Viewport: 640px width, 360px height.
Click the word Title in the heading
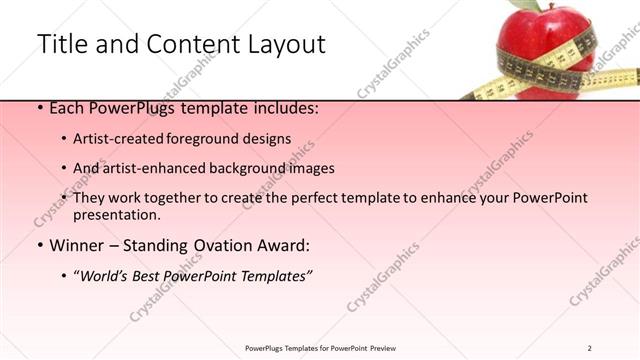coord(61,44)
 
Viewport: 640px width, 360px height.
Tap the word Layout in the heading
coord(284,44)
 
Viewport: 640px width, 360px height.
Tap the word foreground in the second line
coord(214,139)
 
